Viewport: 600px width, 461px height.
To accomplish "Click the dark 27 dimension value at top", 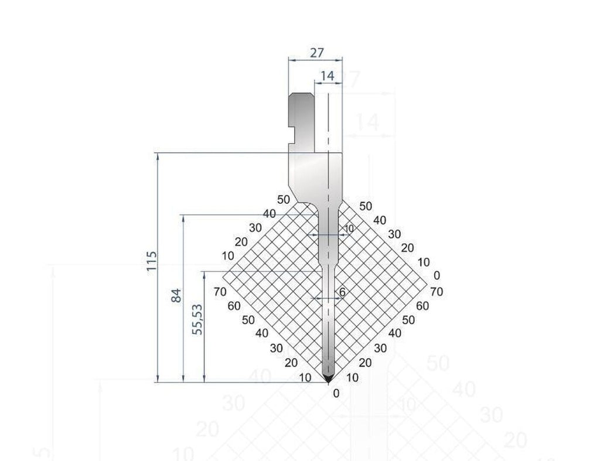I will pos(316,53).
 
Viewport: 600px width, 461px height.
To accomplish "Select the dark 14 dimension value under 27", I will pos(328,76).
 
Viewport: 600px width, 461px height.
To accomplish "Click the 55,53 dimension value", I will pos(198,320).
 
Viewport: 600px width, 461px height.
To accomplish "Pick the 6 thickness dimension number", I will pos(343,292).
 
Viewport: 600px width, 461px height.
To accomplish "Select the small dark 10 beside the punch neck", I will pos(349,228).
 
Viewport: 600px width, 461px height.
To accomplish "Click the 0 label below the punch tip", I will pos(336,393).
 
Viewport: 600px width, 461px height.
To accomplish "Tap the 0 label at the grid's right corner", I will pos(437,275).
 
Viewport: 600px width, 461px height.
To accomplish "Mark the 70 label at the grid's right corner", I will pos(435,291).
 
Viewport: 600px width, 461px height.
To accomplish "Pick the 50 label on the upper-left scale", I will pos(284,200).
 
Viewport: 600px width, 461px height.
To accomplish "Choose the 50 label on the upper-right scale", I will pos(366,206).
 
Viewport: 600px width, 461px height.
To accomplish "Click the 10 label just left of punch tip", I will pos(305,378).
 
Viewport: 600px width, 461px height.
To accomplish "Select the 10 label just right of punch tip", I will pos(352,378).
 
